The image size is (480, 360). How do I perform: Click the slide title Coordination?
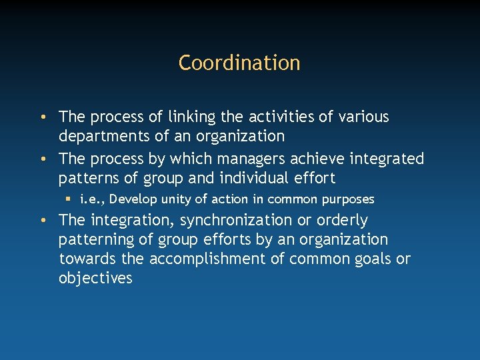tap(239, 63)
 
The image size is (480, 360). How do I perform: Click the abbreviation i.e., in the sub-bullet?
tap(92, 199)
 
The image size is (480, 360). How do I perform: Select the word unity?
tap(176, 199)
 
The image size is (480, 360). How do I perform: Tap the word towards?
tap(83, 259)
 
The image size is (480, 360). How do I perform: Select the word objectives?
tap(95, 278)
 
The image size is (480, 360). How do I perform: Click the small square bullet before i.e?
tap(69, 199)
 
